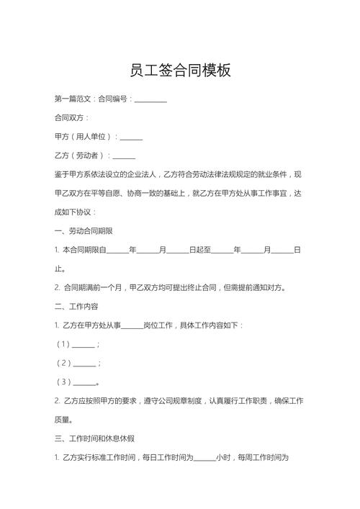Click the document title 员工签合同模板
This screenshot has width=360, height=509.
(x=180, y=71)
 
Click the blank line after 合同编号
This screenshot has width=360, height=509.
(x=150, y=99)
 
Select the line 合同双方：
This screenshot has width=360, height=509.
(x=72, y=117)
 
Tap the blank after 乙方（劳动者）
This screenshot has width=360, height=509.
(x=124, y=156)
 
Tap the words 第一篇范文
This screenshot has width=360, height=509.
(x=73, y=99)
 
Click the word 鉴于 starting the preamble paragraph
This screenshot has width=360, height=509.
(x=62, y=174)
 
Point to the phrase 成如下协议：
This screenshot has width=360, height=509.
(x=75, y=212)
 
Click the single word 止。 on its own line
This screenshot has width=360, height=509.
(x=61, y=269)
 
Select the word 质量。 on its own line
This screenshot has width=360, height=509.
(x=65, y=420)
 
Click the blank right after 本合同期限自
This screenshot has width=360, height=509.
(x=117, y=250)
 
